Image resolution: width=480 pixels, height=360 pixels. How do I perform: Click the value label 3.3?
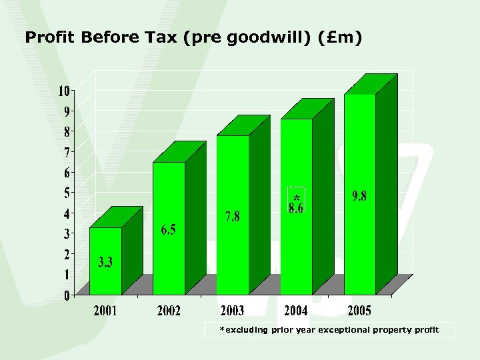(x=105, y=262)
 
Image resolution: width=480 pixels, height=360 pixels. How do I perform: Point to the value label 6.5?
(x=169, y=230)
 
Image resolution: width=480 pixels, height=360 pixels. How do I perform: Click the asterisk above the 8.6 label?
(x=296, y=197)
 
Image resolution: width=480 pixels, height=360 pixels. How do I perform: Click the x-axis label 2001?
(x=105, y=311)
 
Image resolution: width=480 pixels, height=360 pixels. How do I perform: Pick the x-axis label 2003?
(x=233, y=311)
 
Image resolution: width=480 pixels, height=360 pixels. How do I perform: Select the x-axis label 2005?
(x=359, y=311)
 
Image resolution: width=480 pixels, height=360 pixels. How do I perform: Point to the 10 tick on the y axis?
(x=64, y=91)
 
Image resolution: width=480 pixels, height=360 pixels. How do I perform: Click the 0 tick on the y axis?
(x=67, y=295)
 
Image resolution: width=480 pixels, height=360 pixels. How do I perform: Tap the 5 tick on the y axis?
(x=67, y=193)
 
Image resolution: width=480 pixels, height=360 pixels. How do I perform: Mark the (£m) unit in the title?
(x=341, y=38)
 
